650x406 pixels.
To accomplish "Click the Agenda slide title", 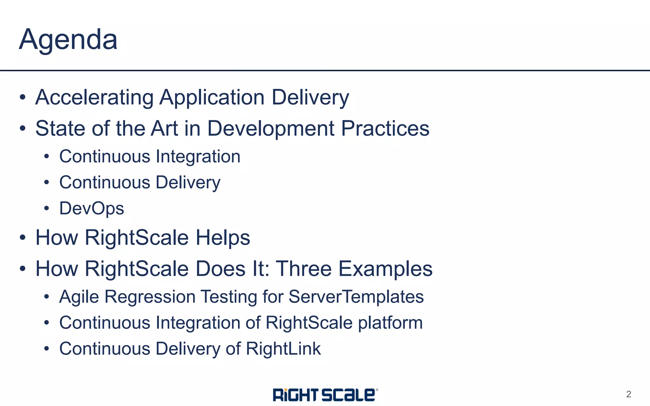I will click(68, 40).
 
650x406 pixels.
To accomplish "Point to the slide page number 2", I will click(628, 394).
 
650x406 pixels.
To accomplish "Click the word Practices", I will click(385, 128).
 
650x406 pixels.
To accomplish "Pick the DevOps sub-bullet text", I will click(92, 208).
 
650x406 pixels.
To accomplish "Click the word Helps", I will click(223, 238).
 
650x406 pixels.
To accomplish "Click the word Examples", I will click(385, 269).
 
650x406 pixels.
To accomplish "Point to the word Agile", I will click(79, 297).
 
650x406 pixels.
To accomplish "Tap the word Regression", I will click(150, 297).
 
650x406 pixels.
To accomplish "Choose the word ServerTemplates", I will click(356, 297).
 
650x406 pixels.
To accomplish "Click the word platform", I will click(390, 323).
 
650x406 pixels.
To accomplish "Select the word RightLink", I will click(283, 349).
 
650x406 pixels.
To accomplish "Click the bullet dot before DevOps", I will click(47, 208).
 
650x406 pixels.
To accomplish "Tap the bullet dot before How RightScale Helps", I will click(22, 238).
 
